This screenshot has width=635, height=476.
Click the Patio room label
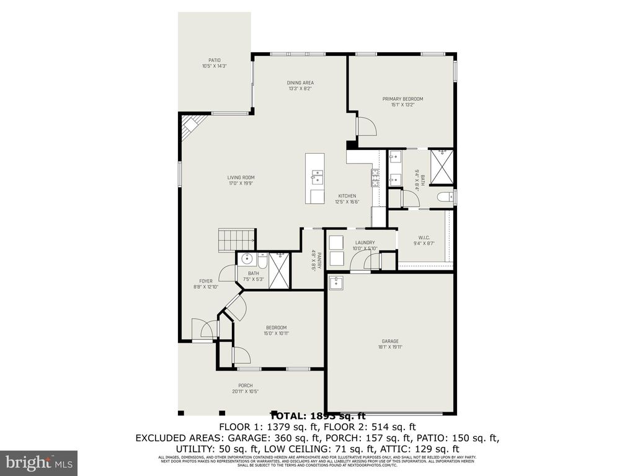214,63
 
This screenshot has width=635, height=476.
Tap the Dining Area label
300,86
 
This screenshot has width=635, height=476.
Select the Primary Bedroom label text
402,102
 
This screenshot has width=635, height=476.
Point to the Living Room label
241,180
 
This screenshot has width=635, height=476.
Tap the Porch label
246,389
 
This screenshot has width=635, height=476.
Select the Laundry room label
365,245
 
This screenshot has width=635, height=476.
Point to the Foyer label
206,284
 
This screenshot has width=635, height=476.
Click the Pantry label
314,260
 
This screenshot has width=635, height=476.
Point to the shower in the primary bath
442,167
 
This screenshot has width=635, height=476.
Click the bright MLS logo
38,462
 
